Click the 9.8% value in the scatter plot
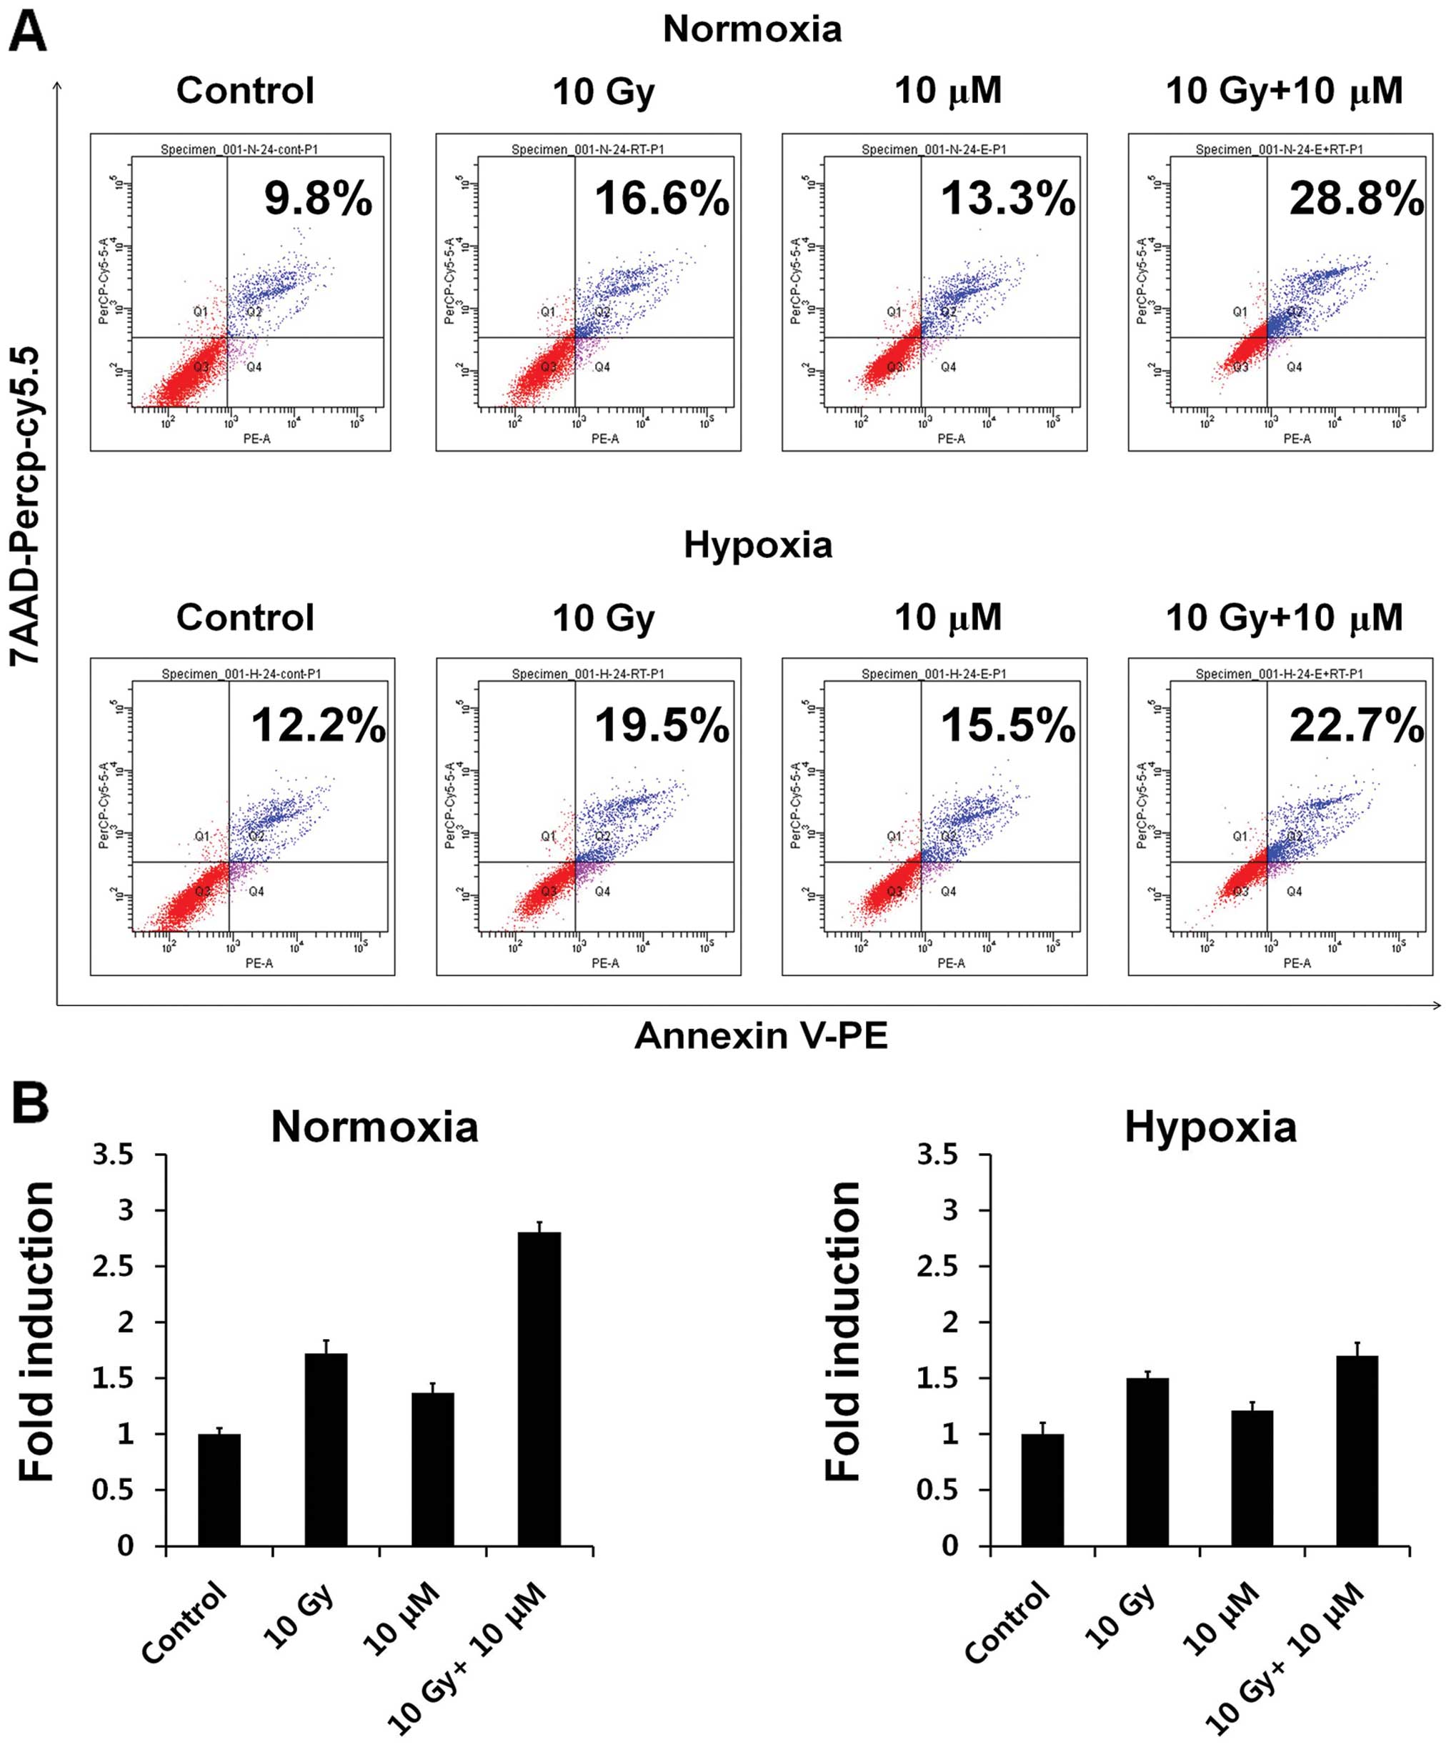(319, 199)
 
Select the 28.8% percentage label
(1356, 199)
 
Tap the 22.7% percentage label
(1356, 725)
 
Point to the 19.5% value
(662, 725)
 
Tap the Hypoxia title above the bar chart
(1210, 1128)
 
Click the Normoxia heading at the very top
(752, 30)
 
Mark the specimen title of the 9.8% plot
(239, 150)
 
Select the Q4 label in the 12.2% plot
(256, 891)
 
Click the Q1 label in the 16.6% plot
(547, 311)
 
